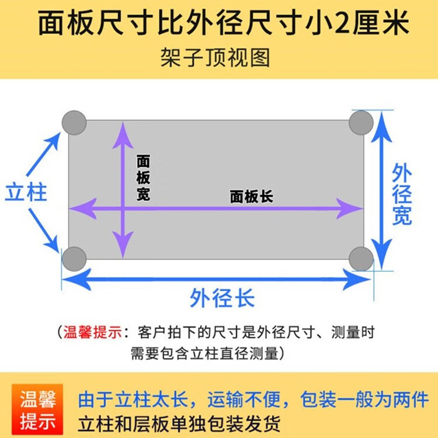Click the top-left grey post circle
pos(74,123)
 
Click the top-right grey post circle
pos(361,122)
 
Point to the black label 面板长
pos(251,197)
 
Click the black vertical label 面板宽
pos(143,178)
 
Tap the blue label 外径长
pos(223,299)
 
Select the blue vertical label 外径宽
pos(402,194)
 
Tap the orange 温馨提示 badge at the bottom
pos(39,410)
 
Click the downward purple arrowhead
pos(123,248)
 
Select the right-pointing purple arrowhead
pos(352,208)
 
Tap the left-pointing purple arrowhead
pos(80,208)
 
